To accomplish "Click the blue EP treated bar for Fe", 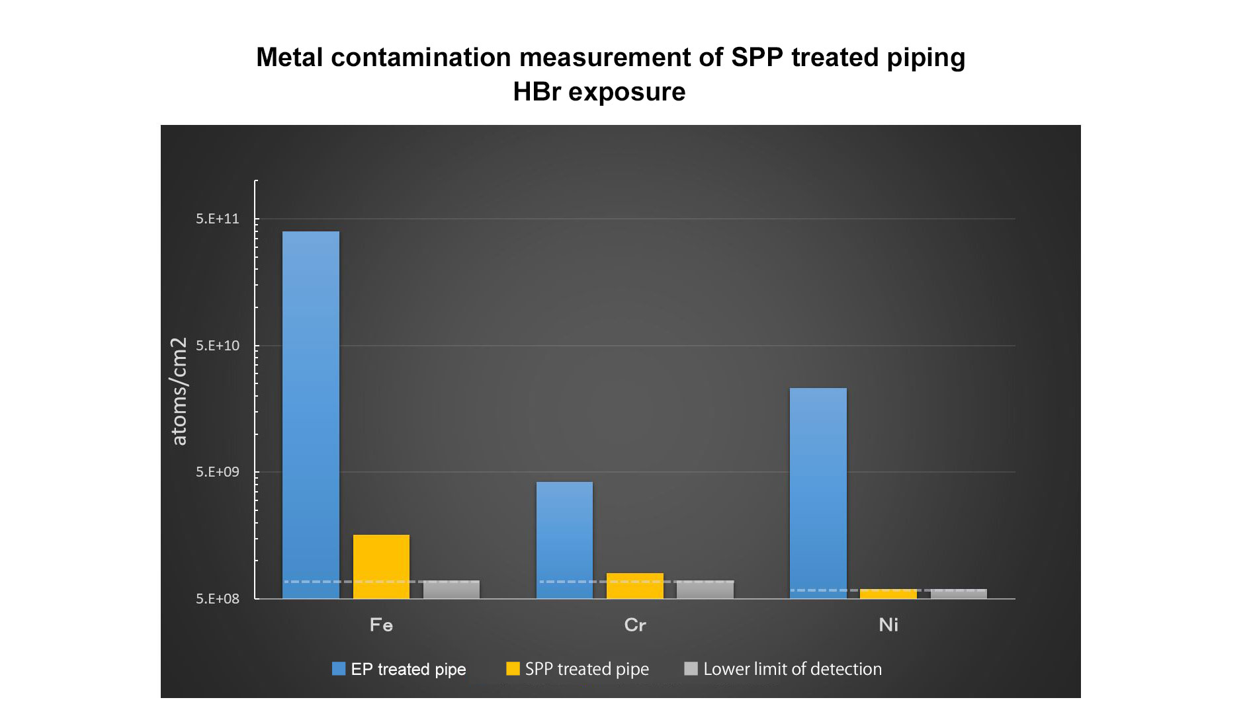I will [310, 414].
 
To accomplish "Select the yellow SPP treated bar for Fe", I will [381, 567].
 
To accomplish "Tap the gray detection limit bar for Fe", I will [451, 590].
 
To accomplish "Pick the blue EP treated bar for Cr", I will [564, 540].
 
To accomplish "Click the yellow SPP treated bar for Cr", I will [634, 586].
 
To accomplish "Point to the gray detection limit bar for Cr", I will [705, 590].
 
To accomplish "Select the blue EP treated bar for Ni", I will [818, 493].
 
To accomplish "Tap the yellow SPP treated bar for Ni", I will [888, 594].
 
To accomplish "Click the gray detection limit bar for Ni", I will [959, 594].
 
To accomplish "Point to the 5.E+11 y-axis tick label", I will [218, 219].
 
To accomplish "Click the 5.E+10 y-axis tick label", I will [218, 346].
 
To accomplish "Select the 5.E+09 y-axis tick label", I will [218, 472].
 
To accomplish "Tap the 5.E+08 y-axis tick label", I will [218, 599].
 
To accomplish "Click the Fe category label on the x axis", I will [381, 625].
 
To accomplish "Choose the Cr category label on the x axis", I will [635, 625].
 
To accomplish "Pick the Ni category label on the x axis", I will [888, 625].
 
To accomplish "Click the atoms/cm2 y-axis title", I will [179, 391].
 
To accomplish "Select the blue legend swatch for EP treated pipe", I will [339, 669].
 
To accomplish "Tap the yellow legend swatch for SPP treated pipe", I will [513, 669].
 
